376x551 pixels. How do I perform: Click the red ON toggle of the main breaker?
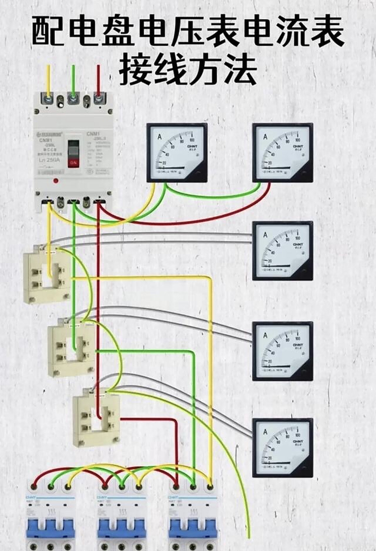point(74,162)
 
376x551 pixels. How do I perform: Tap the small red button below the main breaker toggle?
point(56,181)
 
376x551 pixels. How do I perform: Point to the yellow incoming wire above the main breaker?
point(48,80)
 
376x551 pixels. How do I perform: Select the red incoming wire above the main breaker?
point(99,80)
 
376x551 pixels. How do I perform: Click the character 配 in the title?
point(49,32)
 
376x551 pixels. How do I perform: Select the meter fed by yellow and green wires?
point(177,152)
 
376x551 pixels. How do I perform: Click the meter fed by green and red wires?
point(283,152)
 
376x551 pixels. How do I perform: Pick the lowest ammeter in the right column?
point(283,448)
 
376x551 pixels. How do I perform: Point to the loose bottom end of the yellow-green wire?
point(249,536)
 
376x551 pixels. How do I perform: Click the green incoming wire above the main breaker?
point(73,80)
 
